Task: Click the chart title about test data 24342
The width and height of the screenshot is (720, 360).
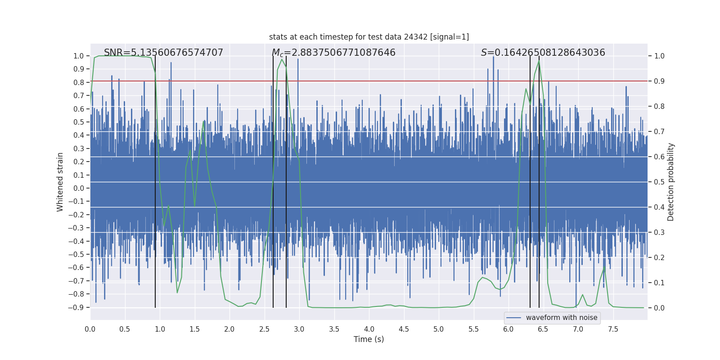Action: point(369,37)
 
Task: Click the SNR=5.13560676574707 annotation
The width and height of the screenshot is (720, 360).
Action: point(163,53)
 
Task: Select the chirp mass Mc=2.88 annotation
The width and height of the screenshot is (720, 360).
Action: point(333,53)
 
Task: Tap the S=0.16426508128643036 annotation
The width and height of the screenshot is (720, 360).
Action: point(543,53)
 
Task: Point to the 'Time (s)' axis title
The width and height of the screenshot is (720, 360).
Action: point(369,339)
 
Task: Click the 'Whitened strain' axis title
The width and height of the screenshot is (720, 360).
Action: point(60,182)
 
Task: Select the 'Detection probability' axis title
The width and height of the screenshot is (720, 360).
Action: point(671,182)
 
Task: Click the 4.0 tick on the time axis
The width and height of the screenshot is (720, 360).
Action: point(369,329)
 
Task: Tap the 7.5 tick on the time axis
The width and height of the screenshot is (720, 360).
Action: point(613,329)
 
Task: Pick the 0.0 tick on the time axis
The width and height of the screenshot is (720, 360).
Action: point(90,329)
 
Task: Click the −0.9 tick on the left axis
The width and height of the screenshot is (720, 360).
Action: point(78,307)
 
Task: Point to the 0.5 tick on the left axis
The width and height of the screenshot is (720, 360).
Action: point(79,122)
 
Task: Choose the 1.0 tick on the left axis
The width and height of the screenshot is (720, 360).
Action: point(79,56)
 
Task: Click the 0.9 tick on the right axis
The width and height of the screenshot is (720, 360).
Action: point(659,81)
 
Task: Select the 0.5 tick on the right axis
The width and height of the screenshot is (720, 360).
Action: point(659,182)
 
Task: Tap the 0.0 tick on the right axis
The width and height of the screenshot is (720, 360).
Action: point(659,308)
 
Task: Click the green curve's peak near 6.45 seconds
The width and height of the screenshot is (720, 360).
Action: point(539,61)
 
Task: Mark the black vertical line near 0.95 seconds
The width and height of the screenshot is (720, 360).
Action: point(155,180)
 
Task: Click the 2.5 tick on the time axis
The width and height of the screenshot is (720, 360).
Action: point(264,329)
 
